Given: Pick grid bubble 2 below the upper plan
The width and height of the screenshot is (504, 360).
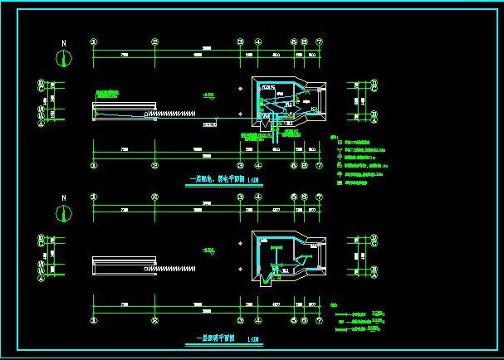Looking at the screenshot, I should (x=155, y=164).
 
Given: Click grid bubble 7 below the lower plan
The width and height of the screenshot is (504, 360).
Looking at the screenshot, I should (x=320, y=321).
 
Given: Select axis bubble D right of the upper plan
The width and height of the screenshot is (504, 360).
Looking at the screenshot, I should (x=375, y=82).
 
